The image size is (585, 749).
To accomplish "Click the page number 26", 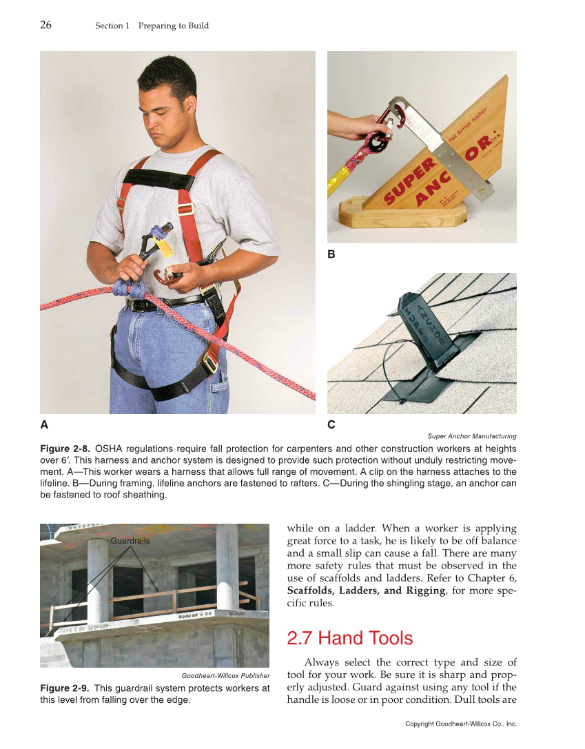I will tap(45, 25).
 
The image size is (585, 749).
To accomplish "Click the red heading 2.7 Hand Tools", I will tap(349, 638).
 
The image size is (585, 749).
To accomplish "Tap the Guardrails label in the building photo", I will tap(130, 541).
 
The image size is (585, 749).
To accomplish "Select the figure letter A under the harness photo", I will tap(44, 425).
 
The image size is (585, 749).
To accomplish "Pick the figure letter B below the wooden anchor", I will tap(331, 254).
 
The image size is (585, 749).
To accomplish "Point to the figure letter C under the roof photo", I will tap(331, 425).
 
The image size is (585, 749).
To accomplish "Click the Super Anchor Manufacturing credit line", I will tap(471, 436).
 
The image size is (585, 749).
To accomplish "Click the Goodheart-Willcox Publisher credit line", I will tap(225, 676).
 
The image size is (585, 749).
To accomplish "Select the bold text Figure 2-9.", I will tap(65, 688).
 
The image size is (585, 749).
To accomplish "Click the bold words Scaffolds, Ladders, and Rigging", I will tap(366, 591).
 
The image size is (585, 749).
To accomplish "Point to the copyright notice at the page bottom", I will tap(460, 724).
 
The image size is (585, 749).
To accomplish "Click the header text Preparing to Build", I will tap(173, 26).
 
